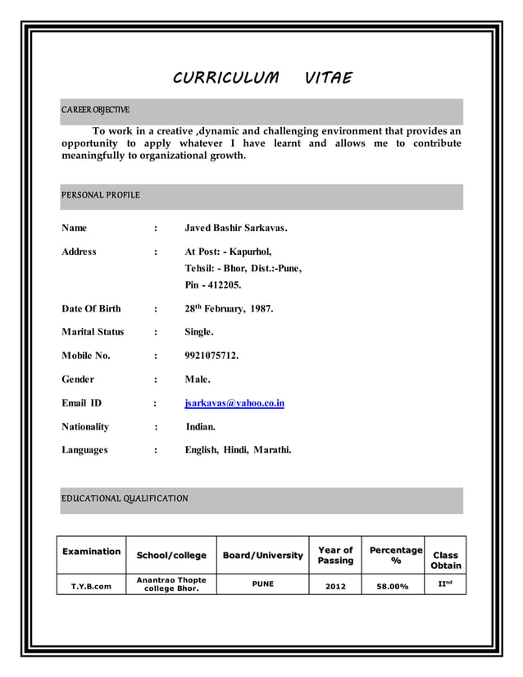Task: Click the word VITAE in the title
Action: [328, 79]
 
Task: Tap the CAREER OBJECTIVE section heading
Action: [95, 110]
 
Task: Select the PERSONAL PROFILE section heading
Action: [101, 195]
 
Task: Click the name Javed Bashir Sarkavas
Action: [236, 228]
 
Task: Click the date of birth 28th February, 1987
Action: [229, 309]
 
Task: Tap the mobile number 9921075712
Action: [211, 357]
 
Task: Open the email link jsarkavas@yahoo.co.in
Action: [234, 403]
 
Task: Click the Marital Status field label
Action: [93, 332]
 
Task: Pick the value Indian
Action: [201, 427]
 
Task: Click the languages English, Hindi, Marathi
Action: [238, 450]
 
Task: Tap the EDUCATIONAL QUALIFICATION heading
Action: [125, 498]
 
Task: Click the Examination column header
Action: [91, 552]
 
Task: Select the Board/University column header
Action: [262, 556]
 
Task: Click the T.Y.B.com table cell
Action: [91, 586]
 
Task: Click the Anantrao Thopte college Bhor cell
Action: [171, 584]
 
